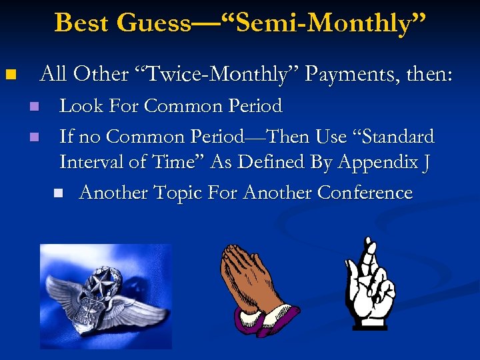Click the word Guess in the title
pyautogui.click(x=152, y=23)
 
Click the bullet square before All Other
pyautogui.click(x=9, y=74)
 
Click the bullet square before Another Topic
pyautogui.click(x=59, y=193)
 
